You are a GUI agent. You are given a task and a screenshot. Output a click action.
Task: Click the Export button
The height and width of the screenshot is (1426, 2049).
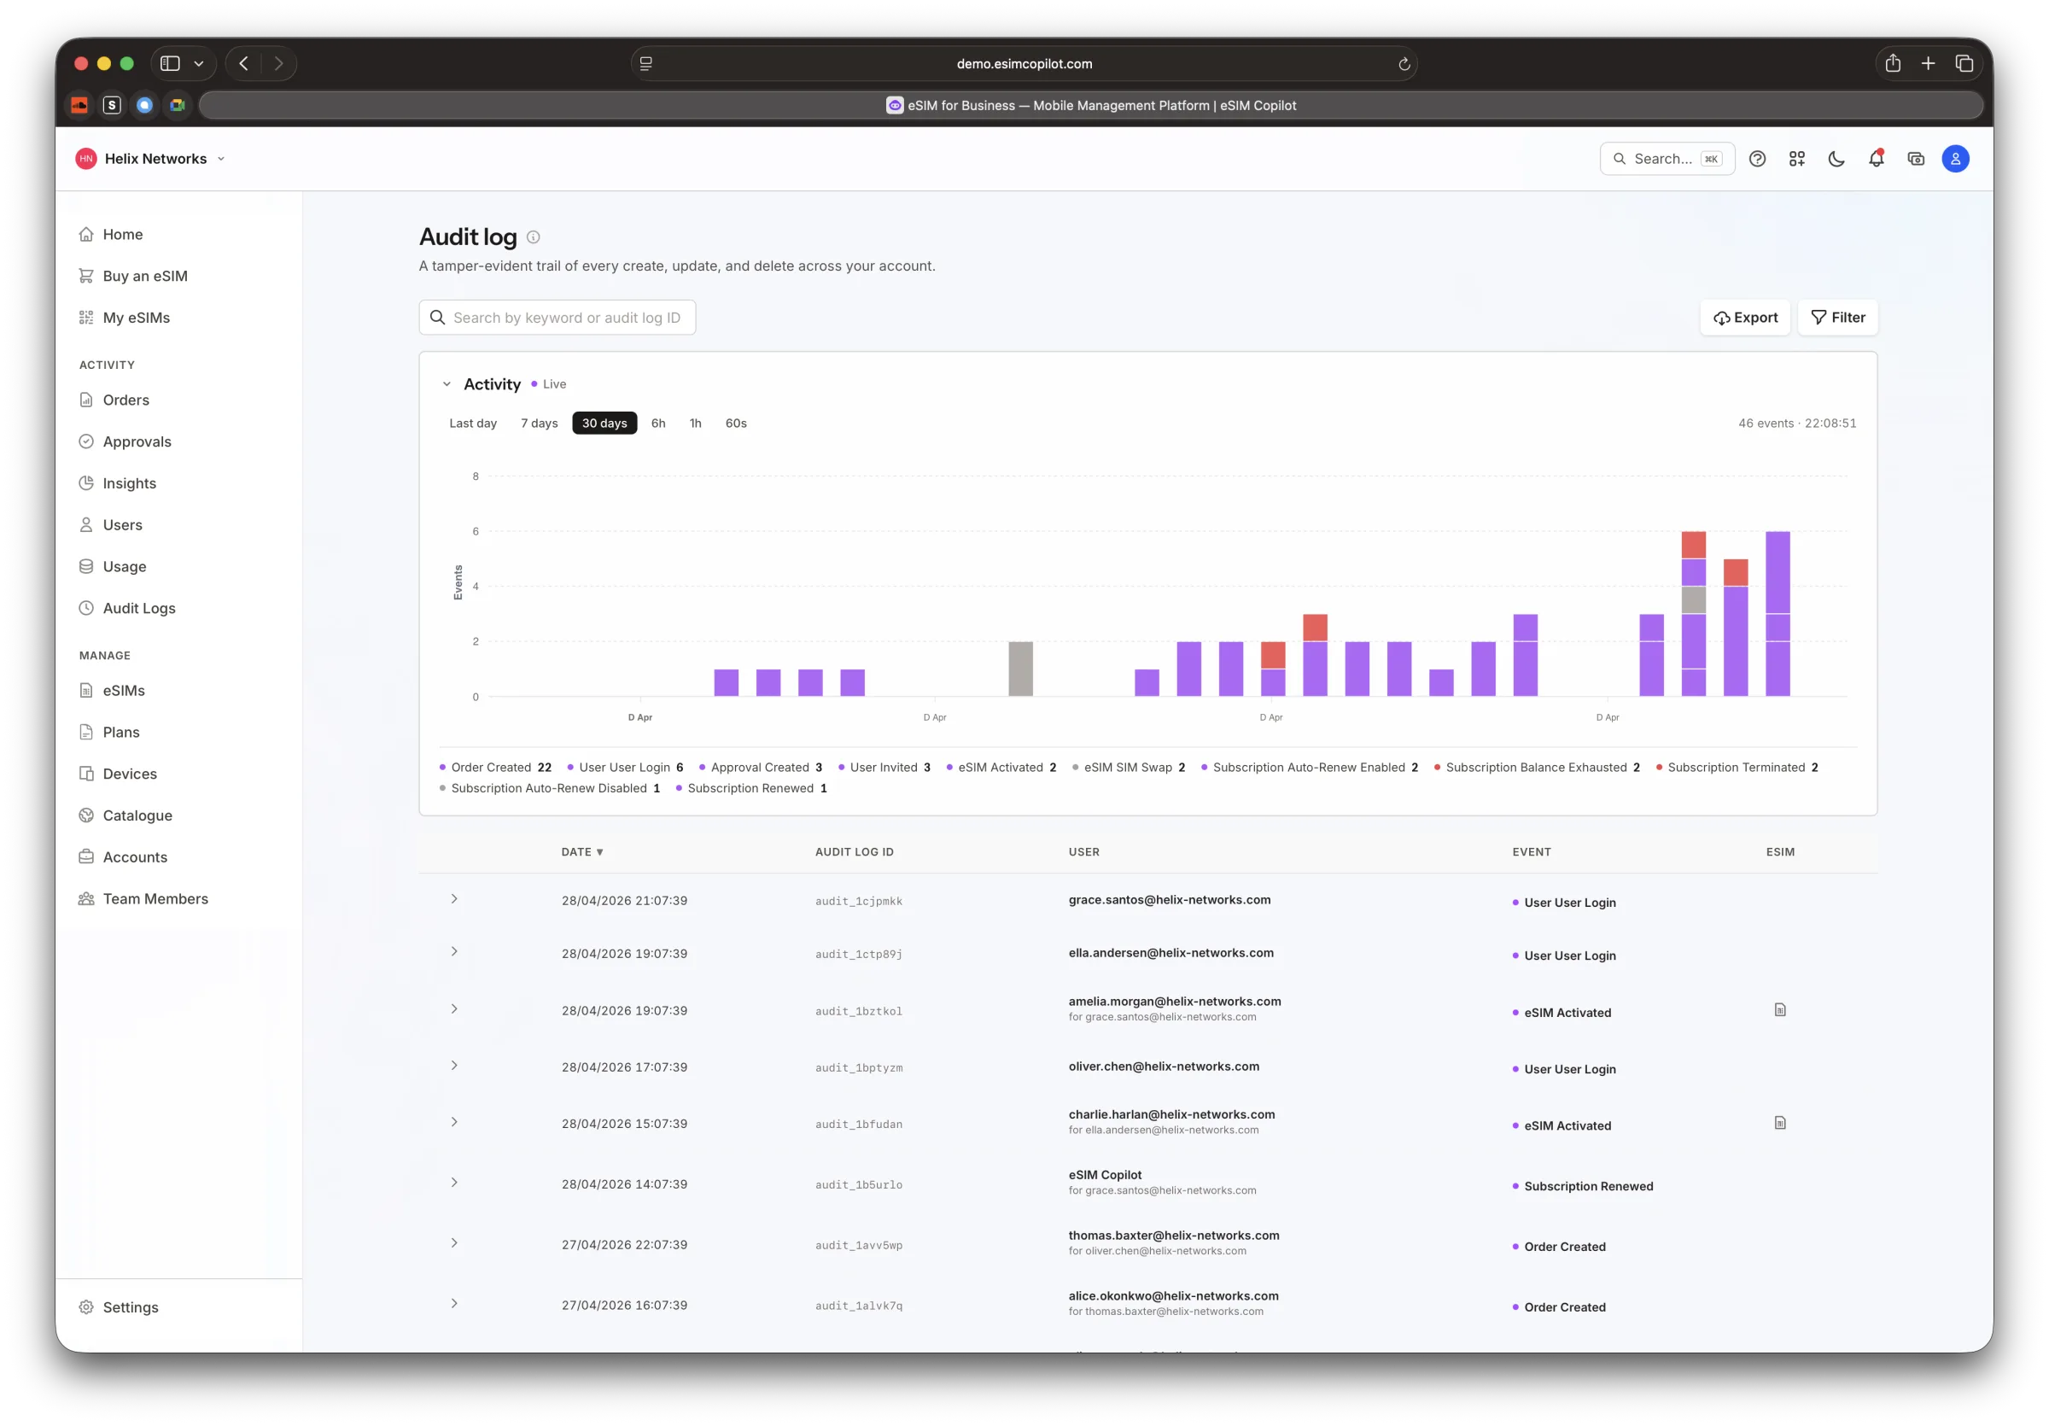pos(1745,318)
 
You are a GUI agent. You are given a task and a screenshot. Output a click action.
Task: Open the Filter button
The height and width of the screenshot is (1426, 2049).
pos(1837,318)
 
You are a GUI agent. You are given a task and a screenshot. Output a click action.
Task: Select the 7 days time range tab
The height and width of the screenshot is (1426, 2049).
pos(539,423)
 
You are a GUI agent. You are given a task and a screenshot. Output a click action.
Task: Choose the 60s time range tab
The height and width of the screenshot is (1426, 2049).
pos(735,423)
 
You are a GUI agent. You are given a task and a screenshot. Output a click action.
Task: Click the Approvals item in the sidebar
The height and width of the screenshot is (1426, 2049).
pos(137,441)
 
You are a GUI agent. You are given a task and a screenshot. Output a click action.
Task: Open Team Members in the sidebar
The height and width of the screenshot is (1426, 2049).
pos(155,898)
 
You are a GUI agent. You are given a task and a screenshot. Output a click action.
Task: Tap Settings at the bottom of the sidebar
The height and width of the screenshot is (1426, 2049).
pos(131,1307)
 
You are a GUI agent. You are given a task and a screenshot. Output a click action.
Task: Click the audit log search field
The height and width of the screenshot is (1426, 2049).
pos(557,318)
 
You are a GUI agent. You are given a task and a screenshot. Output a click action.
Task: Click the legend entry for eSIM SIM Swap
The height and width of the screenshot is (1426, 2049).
pos(1128,768)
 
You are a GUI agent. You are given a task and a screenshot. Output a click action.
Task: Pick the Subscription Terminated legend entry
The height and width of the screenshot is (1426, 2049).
pos(1737,768)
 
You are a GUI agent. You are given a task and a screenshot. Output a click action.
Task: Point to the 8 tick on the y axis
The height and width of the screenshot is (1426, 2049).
pos(476,476)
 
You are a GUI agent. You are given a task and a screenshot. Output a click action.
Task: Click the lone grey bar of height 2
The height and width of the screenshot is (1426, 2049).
pos(1020,669)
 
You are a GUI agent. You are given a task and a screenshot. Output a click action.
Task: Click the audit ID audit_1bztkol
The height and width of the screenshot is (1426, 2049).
pos(859,1011)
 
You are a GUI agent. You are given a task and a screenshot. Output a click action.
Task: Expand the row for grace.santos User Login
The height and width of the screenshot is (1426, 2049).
pos(454,898)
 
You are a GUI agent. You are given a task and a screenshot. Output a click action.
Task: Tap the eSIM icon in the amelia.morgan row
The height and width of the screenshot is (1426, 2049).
pos(1779,1010)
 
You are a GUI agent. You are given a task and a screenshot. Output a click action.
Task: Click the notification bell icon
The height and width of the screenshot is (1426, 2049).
pos(1876,159)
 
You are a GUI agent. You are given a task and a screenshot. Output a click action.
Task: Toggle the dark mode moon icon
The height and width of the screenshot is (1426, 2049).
pos(1836,159)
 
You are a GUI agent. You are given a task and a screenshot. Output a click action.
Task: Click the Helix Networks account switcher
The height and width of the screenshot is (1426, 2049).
pos(151,159)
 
